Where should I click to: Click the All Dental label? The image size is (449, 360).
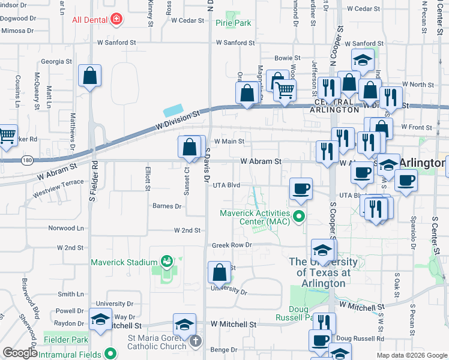tap(90, 20)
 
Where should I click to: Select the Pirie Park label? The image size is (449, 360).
tap(233, 23)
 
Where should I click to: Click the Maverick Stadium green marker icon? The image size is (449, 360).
tap(166, 262)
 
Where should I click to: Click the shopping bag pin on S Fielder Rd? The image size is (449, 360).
tap(89, 76)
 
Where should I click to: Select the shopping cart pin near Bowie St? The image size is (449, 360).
tap(285, 90)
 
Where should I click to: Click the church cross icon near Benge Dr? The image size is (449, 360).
tap(194, 341)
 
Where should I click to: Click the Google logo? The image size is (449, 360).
tap(20, 353)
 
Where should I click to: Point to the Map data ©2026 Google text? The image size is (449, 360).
tap(412, 355)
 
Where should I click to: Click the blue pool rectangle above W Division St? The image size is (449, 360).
tap(172, 111)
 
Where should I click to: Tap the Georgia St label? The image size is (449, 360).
tap(56, 61)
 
